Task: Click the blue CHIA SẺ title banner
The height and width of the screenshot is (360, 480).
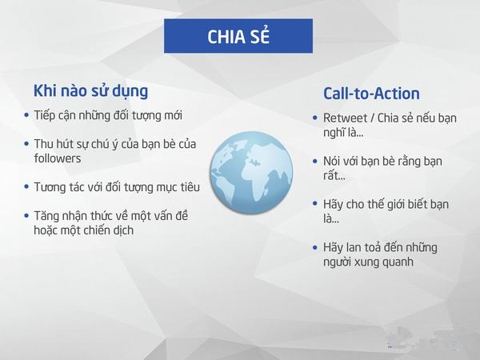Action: pos(238,36)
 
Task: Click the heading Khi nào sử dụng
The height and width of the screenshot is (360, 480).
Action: pos(90,91)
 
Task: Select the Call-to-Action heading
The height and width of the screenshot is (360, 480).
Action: pos(371,94)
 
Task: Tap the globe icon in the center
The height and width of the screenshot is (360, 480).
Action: pos(251,173)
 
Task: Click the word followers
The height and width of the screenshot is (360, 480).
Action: pos(58,158)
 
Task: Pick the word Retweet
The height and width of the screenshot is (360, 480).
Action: pos(345,118)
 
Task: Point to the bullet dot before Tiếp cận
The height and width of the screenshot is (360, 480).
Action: pos(26,115)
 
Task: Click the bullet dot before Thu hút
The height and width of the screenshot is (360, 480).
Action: pos(26,143)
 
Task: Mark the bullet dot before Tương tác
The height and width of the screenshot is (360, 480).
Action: pos(26,186)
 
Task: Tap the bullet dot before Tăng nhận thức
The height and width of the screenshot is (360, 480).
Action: pos(26,215)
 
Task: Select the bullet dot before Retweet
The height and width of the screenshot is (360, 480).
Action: pos(315,118)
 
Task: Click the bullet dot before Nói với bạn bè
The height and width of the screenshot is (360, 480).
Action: pos(315,161)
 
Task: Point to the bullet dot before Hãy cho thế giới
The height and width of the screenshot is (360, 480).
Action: pos(315,204)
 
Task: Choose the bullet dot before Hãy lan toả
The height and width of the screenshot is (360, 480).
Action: pos(315,247)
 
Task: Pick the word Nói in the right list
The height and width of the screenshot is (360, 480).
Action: pos(332,162)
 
